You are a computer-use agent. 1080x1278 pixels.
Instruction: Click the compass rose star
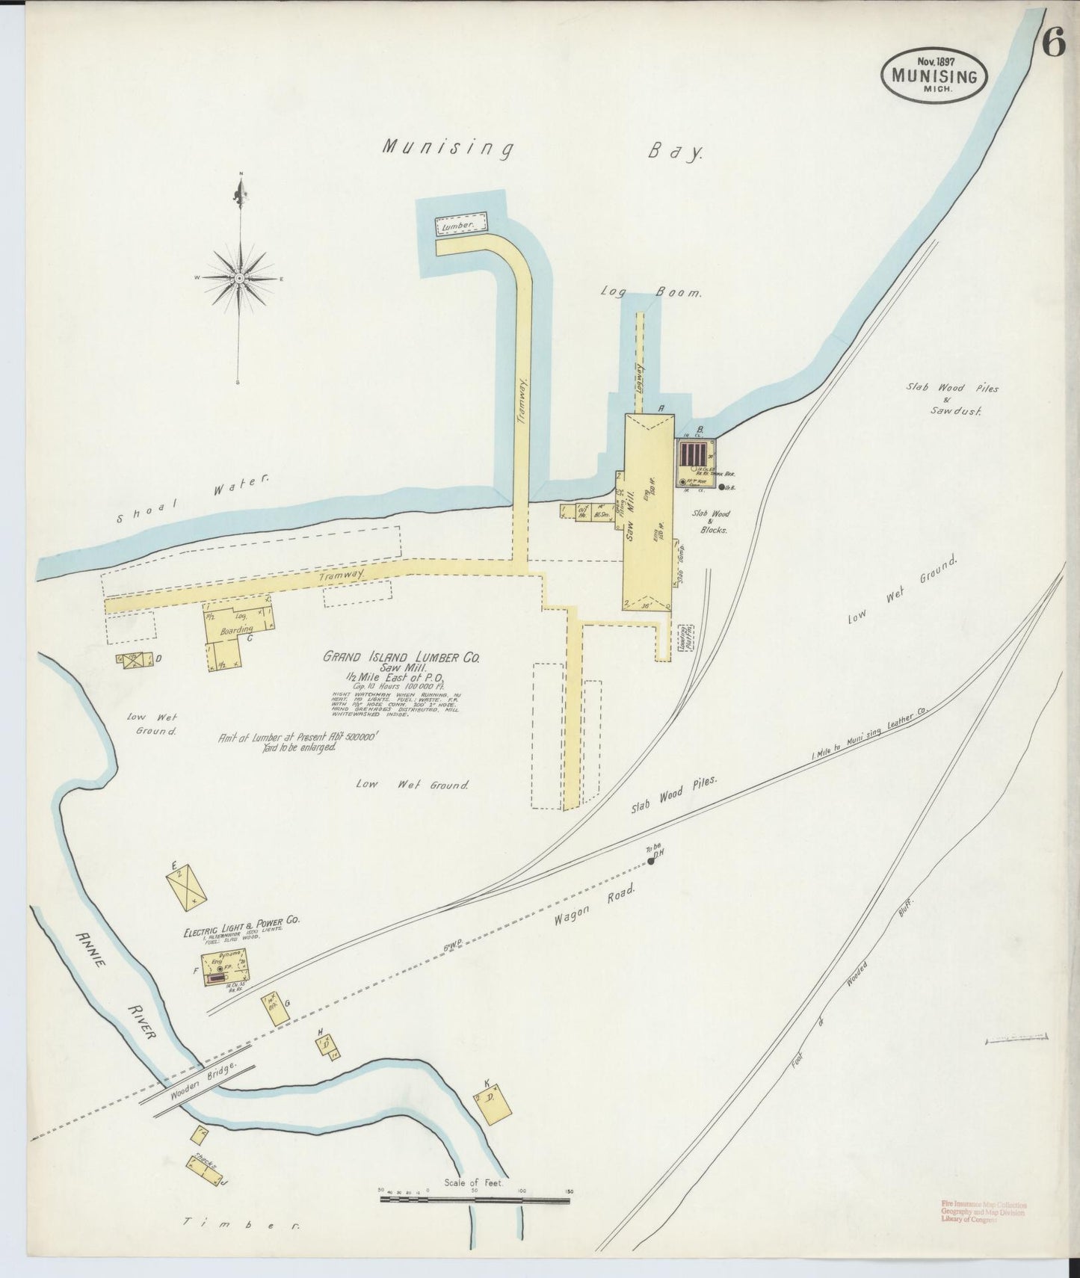tap(240, 278)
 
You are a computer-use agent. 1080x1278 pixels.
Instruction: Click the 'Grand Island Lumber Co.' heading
tap(401, 658)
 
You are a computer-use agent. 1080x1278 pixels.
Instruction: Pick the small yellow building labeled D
tap(133, 659)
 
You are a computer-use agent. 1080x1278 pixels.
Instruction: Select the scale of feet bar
tap(475, 1199)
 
